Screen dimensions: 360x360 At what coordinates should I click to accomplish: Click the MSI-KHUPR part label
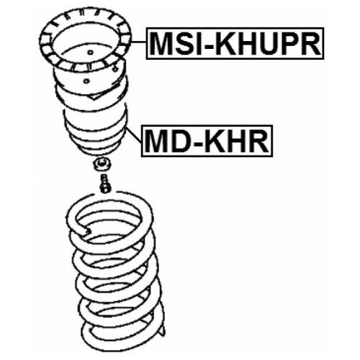coord(235,43)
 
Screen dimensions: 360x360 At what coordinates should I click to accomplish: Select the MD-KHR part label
coord(207,141)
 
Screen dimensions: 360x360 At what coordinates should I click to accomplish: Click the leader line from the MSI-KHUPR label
coord(139,42)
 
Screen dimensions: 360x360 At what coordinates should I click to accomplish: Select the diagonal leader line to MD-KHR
coord(134,135)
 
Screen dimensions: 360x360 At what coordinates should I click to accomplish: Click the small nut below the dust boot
coord(102,165)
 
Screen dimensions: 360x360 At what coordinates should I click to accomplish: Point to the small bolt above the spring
coord(105,184)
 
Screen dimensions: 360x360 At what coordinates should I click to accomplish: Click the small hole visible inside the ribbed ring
coord(90,53)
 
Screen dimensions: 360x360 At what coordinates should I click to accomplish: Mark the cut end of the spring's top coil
coord(89,232)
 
